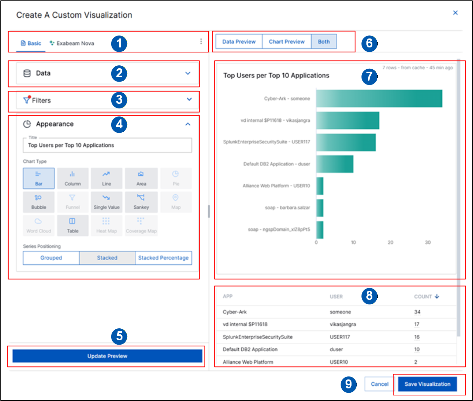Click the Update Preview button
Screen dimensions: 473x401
(x=107, y=356)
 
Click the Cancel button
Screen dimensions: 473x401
(x=379, y=384)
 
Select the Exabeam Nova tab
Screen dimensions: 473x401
(x=71, y=43)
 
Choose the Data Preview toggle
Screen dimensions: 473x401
(x=239, y=41)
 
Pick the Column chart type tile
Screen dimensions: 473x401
(x=72, y=178)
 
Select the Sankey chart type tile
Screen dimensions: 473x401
(x=141, y=202)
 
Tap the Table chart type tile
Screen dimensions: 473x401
(x=72, y=226)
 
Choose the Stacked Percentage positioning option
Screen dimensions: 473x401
(x=164, y=258)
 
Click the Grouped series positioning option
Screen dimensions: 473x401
(x=51, y=258)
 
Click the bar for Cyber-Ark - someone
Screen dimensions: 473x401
(x=379, y=99)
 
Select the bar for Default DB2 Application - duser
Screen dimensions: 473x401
(x=335, y=164)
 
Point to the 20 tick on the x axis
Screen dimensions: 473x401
(x=390, y=242)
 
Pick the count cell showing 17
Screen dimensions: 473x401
(x=417, y=324)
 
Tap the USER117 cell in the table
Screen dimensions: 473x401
(x=340, y=337)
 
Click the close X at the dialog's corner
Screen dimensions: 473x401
(x=455, y=13)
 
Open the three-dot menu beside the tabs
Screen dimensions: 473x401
(x=201, y=41)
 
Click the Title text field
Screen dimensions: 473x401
(x=107, y=145)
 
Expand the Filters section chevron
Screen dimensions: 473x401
(x=189, y=99)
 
